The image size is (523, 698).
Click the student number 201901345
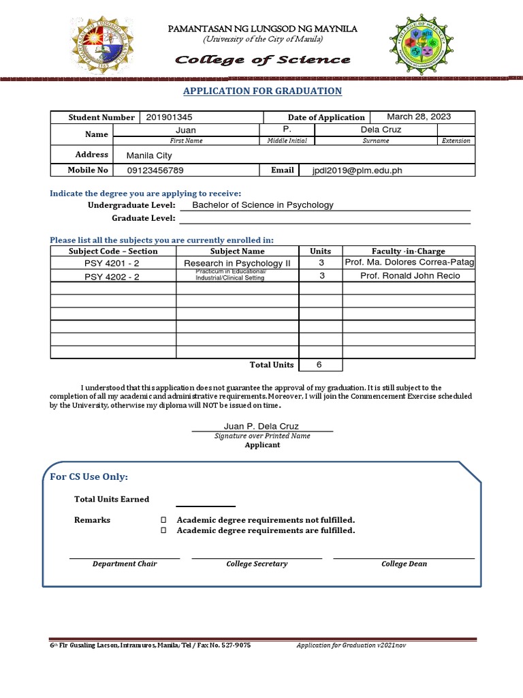[169, 117]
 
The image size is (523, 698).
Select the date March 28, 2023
[419, 117]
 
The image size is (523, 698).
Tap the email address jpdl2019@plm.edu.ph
[358, 170]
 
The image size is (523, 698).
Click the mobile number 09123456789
[155, 170]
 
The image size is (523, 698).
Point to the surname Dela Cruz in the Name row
[381, 130]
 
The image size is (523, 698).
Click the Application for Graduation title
[262, 91]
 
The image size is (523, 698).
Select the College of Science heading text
[262, 60]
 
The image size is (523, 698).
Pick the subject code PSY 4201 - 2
[112, 263]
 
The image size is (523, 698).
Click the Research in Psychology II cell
[237, 263]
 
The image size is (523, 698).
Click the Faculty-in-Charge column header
[408, 251]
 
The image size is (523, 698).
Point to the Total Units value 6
[319, 365]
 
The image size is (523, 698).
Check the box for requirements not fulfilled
[163, 520]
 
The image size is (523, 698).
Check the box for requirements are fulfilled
[163, 530]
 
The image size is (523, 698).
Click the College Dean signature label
[404, 564]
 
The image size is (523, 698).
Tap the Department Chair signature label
[125, 564]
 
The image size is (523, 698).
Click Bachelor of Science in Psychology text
[263, 204]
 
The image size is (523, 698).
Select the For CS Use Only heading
[89, 476]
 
